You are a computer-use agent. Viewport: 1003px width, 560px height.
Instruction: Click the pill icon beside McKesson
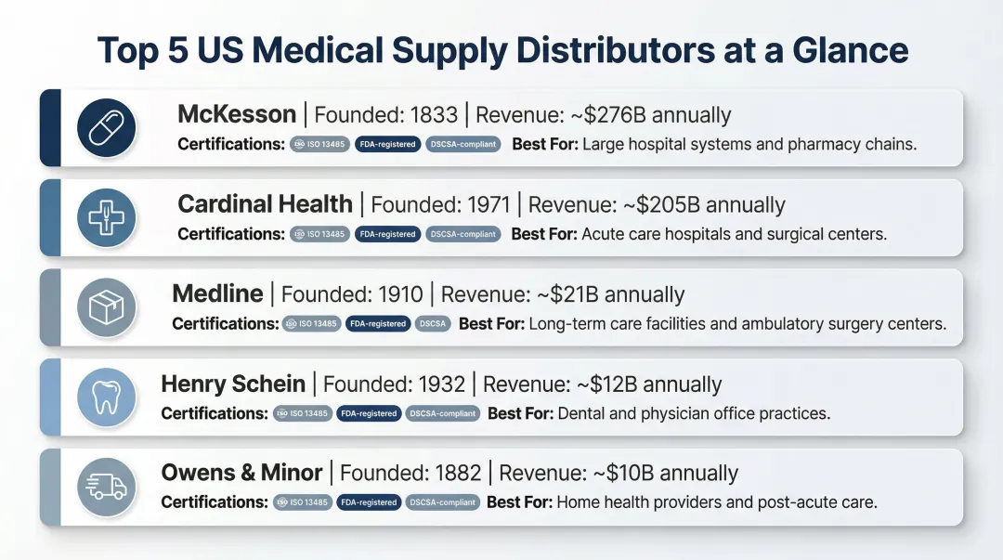point(106,127)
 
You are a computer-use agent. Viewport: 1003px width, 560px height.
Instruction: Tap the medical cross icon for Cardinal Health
point(106,217)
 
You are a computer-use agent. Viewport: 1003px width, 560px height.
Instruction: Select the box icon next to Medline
point(106,307)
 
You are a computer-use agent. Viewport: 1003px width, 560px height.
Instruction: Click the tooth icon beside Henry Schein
point(106,397)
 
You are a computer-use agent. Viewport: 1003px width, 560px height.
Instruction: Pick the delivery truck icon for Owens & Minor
point(106,487)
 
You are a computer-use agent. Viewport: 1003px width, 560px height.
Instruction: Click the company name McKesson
point(237,115)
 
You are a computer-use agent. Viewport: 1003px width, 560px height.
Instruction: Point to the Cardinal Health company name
point(265,204)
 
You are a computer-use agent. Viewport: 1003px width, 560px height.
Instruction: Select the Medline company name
point(217,294)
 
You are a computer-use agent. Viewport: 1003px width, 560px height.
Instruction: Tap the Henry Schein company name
point(233,384)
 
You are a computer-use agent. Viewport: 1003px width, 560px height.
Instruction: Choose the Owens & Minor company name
point(241,473)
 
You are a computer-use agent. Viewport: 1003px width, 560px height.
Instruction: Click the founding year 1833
point(426,115)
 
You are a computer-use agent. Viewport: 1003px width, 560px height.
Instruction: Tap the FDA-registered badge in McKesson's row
point(387,145)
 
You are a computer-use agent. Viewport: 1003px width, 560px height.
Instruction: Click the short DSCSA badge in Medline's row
point(433,324)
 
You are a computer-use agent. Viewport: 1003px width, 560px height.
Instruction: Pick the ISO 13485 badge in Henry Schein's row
point(302,413)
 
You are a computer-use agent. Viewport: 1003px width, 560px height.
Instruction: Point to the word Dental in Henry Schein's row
point(581,413)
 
